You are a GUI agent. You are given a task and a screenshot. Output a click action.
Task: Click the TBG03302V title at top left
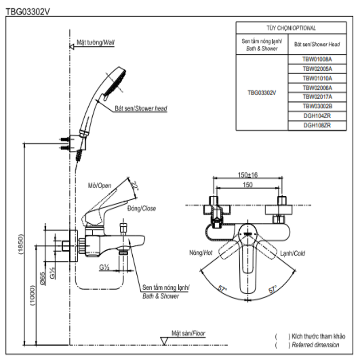(x=27, y=12)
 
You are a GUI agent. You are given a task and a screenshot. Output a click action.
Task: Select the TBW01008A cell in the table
(x=317, y=59)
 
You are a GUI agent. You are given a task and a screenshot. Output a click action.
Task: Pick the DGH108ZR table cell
(x=317, y=126)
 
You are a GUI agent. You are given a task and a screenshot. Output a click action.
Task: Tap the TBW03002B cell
(x=317, y=106)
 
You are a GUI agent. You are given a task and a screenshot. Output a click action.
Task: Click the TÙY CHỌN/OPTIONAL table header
(x=291, y=28)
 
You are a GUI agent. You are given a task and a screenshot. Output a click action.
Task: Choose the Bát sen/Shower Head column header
(x=317, y=44)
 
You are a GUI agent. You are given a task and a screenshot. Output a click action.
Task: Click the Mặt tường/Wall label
(x=95, y=42)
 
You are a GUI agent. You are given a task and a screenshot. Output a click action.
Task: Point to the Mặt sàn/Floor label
(x=188, y=333)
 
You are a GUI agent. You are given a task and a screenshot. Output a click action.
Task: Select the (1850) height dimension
(x=21, y=244)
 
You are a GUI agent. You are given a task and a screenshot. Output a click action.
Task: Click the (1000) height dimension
(x=32, y=295)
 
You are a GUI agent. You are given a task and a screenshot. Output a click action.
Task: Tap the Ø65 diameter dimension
(x=42, y=279)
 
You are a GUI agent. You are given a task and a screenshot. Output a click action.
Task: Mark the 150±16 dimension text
(x=248, y=175)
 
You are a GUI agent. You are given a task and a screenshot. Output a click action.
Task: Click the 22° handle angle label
(x=135, y=186)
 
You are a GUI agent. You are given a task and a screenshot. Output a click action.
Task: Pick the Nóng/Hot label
(x=201, y=253)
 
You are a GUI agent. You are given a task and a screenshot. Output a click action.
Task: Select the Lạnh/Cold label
(x=292, y=253)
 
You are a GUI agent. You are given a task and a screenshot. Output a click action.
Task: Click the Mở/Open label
(x=99, y=185)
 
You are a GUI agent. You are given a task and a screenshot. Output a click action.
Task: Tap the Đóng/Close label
(x=142, y=208)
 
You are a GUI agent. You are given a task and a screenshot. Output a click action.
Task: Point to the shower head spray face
(x=115, y=83)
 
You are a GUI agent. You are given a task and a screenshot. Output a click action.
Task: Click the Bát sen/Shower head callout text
(x=141, y=108)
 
